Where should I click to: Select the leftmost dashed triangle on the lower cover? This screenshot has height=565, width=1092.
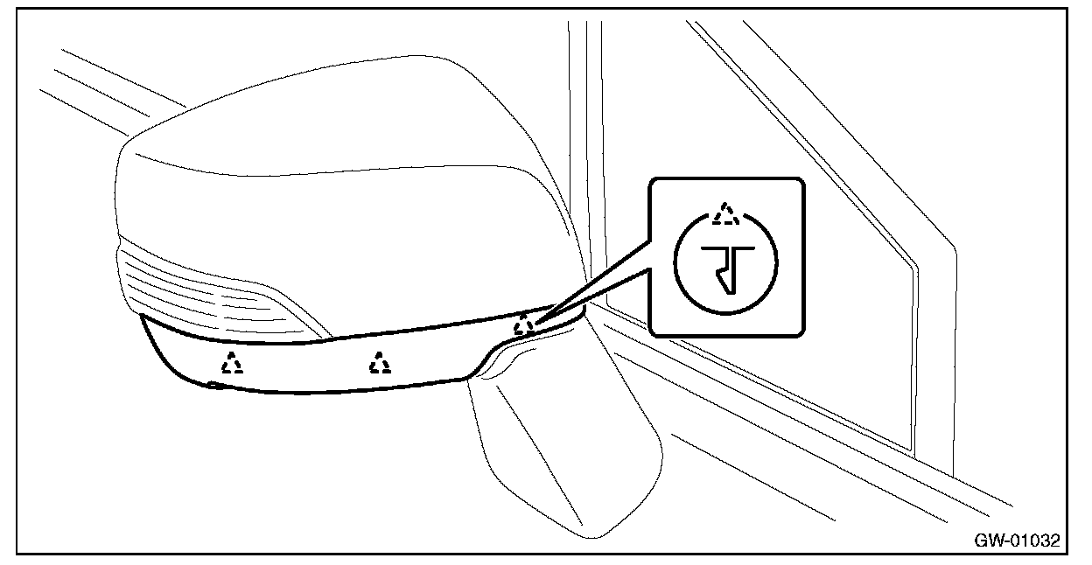pyautogui.click(x=232, y=362)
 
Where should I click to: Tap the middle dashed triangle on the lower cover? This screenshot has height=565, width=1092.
pyautogui.click(x=380, y=362)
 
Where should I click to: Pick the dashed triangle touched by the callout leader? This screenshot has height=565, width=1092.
pyautogui.click(x=523, y=324)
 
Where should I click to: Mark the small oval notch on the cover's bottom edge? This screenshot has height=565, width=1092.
pyautogui.click(x=213, y=386)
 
